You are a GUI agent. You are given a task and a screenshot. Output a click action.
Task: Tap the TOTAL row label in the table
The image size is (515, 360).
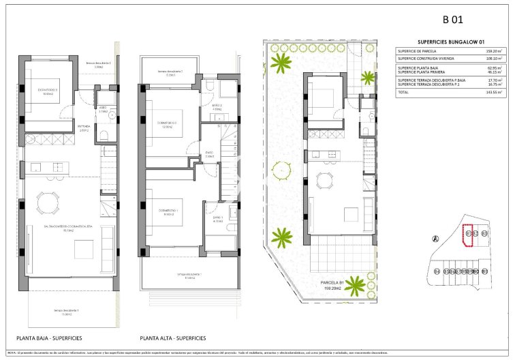tap(404, 91)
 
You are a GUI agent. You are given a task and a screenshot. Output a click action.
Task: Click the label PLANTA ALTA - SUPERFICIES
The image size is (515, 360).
tap(173, 337)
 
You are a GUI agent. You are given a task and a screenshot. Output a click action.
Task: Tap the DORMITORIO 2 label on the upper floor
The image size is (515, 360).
tap(168, 123)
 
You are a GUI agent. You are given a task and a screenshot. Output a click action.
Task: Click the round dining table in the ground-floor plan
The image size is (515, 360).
tap(48, 202)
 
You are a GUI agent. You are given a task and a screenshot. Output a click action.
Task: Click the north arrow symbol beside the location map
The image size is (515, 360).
tap(435, 238)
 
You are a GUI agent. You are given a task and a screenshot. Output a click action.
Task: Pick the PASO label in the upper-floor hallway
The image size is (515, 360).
tap(210, 154)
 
